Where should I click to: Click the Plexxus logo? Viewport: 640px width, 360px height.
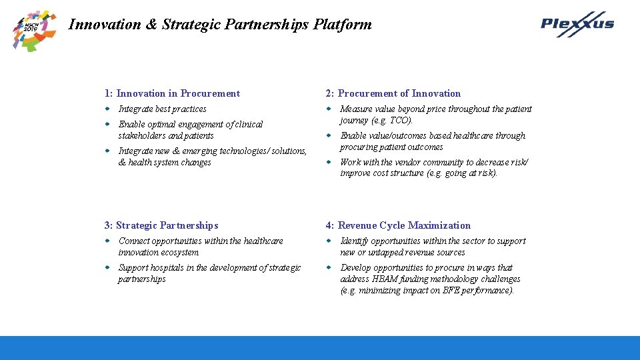pos(577,24)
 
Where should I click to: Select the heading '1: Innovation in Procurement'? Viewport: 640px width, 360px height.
pos(172,93)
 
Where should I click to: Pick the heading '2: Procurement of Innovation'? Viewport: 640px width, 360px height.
pos(393,93)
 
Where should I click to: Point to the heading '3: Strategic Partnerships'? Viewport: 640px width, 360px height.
pos(161,225)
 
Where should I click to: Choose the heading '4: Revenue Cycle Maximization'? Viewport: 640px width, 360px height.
pos(398,225)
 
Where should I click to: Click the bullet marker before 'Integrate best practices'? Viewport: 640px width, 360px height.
pos(107,109)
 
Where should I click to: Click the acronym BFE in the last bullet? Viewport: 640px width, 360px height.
pos(456,291)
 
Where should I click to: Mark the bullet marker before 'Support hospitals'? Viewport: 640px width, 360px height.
pos(107,267)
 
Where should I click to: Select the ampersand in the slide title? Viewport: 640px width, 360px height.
pos(151,25)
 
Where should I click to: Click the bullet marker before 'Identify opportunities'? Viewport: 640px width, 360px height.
pos(329,241)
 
